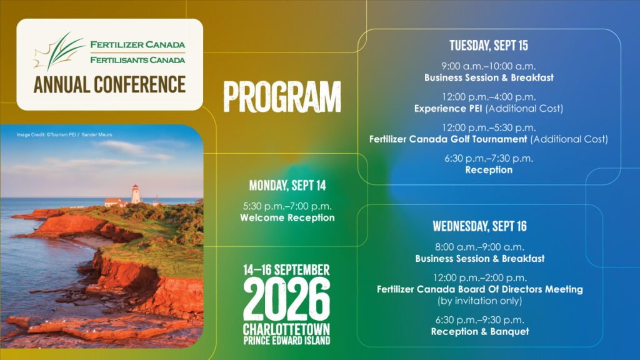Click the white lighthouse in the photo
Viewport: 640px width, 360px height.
click(136, 194)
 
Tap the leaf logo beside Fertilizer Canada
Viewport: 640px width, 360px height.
click(59, 52)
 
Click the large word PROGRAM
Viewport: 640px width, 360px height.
click(282, 97)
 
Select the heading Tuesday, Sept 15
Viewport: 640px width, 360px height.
click(489, 45)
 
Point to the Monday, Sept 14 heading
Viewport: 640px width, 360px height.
click(287, 186)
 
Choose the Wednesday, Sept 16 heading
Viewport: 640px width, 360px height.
click(479, 226)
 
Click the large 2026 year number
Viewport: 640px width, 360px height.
click(286, 299)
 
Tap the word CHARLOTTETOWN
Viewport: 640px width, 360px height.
click(286, 329)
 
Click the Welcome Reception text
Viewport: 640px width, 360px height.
click(287, 217)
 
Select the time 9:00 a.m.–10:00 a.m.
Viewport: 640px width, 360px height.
click(489, 66)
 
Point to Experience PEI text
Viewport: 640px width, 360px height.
click(448, 109)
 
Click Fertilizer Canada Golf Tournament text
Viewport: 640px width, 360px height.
click(448, 139)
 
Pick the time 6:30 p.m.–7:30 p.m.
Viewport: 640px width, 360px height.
click(489, 158)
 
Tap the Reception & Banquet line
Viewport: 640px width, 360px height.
click(480, 331)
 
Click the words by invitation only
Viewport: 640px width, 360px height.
click(480, 301)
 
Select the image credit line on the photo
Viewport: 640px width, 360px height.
click(64, 135)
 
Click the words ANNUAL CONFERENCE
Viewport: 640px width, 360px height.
click(109, 84)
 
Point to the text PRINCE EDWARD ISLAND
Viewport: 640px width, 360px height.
click(286, 341)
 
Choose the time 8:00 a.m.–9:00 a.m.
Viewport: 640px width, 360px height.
click(479, 247)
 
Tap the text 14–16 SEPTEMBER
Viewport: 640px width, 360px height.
click(286, 270)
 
